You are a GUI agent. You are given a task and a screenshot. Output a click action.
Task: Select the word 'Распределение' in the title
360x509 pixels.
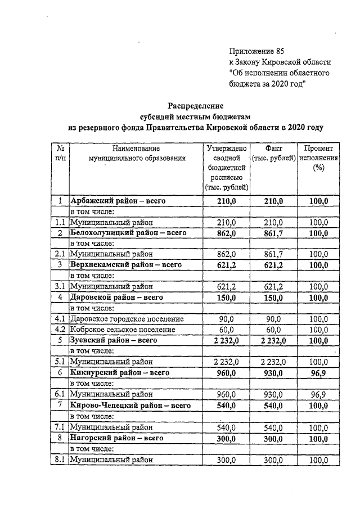196,105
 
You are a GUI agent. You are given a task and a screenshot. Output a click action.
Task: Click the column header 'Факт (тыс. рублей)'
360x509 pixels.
274,153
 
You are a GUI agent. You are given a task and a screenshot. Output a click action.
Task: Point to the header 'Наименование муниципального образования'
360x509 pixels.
136,154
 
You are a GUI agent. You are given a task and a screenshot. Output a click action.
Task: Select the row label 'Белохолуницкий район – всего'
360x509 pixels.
128,232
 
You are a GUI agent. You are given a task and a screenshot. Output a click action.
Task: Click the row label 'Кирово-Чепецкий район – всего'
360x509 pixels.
129,405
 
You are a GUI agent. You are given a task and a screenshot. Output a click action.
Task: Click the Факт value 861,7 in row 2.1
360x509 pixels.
274,254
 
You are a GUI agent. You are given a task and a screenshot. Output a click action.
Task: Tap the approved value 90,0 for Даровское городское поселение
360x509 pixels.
227,319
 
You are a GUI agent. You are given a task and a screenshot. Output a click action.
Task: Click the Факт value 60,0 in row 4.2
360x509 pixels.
274,330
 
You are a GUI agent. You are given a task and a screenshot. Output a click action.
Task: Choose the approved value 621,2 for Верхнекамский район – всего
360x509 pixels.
227,265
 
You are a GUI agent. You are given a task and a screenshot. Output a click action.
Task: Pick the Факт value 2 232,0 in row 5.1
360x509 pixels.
274,362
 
